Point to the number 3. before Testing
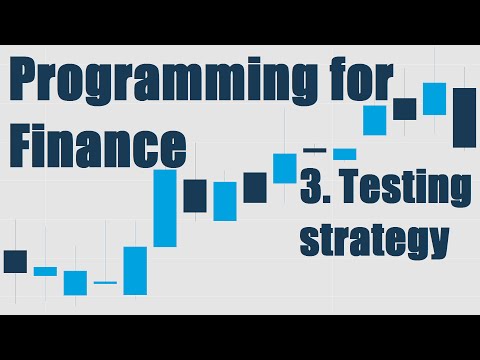[x=321, y=190]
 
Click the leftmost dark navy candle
[x=15, y=261]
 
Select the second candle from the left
[x=45, y=271]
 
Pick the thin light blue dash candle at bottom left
[x=105, y=283]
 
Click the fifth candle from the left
[x=135, y=270]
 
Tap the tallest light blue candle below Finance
[x=165, y=208]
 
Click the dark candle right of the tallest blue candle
[x=194, y=195]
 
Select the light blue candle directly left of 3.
[x=285, y=168]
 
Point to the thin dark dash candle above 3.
[x=314, y=150]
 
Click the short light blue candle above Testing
[x=345, y=154]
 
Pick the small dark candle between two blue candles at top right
[x=404, y=108]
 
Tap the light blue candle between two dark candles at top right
[x=434, y=98]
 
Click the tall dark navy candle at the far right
[x=464, y=117]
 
